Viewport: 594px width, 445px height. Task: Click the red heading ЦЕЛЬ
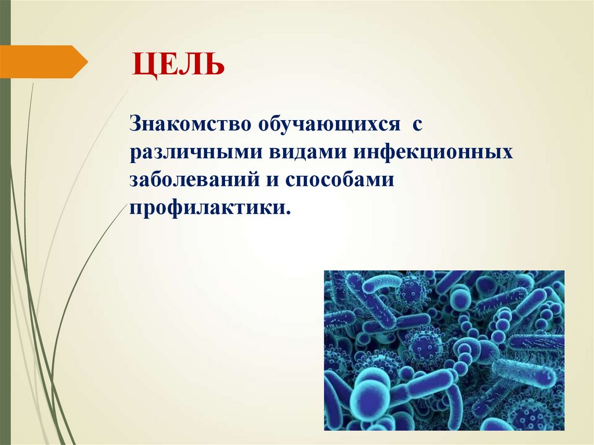[178, 64]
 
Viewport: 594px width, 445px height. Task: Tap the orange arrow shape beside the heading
[44, 61]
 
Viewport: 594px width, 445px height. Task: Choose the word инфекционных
[432, 153]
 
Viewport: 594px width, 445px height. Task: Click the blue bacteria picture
[444, 350]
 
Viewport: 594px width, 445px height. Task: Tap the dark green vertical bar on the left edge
[5, 232]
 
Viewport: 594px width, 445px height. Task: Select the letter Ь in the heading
[215, 64]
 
